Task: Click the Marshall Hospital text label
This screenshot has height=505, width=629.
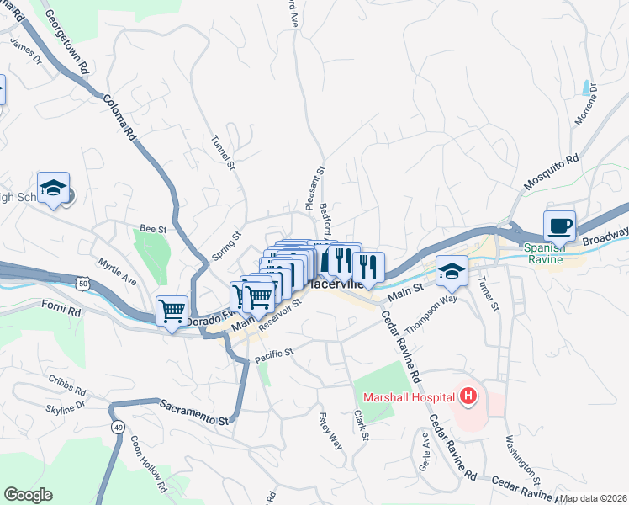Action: [x=408, y=396]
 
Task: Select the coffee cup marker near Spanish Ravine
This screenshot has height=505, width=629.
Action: [x=559, y=226]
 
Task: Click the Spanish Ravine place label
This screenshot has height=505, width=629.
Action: [x=549, y=253]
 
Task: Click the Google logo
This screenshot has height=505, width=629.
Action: [x=28, y=495]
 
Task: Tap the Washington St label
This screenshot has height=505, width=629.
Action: [x=521, y=452]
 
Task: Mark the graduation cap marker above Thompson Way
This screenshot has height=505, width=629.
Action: [x=452, y=271]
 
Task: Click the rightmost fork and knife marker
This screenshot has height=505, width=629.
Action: [x=368, y=268]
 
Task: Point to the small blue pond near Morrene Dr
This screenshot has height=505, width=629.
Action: [x=584, y=87]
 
